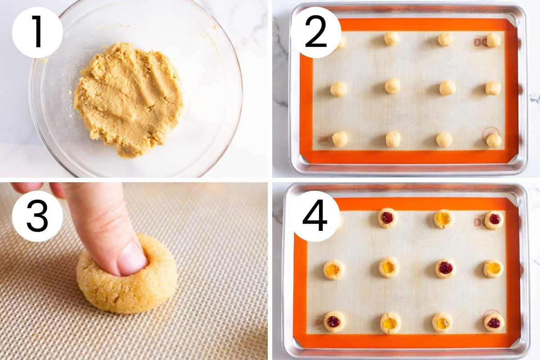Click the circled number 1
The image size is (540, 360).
point(37,32)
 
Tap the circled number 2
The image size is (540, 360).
point(315,32)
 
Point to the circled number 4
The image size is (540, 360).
point(315,216)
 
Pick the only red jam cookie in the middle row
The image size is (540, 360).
point(445,268)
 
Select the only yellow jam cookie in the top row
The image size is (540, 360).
point(443,219)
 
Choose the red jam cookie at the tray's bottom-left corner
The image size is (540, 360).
point(334,321)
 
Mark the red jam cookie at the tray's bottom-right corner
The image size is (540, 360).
point(494,322)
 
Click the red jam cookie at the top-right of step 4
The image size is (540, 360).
point(495,219)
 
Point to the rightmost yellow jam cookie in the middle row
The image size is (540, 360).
point(494,268)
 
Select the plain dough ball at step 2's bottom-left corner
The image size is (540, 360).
point(340,139)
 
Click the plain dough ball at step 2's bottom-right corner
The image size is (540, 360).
point(494,140)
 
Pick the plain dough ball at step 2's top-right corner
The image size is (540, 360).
point(494,40)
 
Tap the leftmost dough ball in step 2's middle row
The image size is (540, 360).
point(338,89)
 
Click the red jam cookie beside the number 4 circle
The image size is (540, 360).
point(387,218)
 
